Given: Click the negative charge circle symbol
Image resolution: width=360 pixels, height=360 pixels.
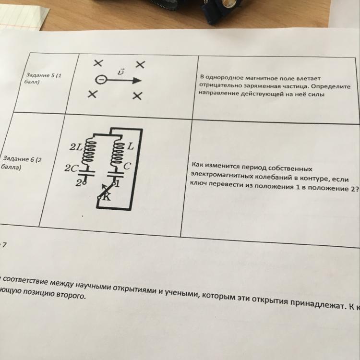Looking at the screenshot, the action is tap(101, 80).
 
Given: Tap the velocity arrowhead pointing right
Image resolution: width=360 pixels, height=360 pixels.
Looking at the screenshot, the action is tap(137, 81).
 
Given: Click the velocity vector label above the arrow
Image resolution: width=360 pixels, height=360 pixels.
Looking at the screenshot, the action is tap(121, 72).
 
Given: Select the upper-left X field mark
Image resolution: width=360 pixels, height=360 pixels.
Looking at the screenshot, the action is tap(98, 63).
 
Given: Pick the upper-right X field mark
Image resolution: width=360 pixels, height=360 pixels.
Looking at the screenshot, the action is tap(140, 64).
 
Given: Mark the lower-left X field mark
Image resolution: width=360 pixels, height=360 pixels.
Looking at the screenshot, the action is tap(93, 94).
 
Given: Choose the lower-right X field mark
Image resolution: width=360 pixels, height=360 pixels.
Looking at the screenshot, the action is tap(138, 96).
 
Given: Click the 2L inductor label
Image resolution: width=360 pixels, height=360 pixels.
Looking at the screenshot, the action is tap(76, 147).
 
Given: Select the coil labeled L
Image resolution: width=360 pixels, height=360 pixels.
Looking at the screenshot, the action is tap(116, 153).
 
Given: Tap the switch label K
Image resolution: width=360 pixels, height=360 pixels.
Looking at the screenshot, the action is tap(106, 197).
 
